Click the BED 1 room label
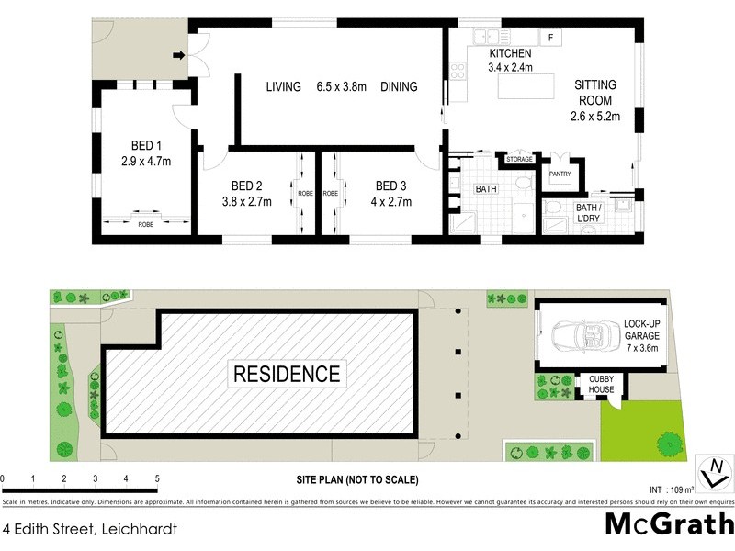(147, 144)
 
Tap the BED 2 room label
(247, 184)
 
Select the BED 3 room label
(391, 184)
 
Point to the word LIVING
(284, 87)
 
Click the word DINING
(399, 87)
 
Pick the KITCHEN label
(510, 53)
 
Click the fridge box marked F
(550, 38)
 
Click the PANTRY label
(560, 174)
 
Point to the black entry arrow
(180, 56)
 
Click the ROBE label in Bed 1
(146, 224)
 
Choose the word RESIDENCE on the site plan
(287, 374)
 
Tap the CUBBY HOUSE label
(602, 384)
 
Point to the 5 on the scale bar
(157, 479)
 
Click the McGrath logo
(668, 523)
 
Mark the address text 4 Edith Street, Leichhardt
(89, 529)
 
